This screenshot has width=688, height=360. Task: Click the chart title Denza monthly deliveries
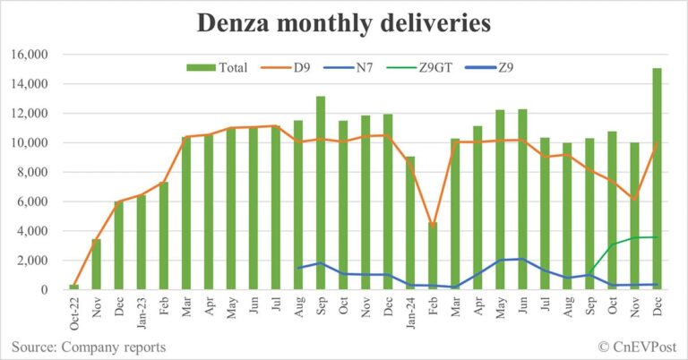point(343,22)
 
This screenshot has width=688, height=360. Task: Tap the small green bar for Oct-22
point(74,287)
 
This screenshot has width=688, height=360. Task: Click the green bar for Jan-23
point(142,242)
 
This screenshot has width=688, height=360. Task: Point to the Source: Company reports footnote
point(88,346)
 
